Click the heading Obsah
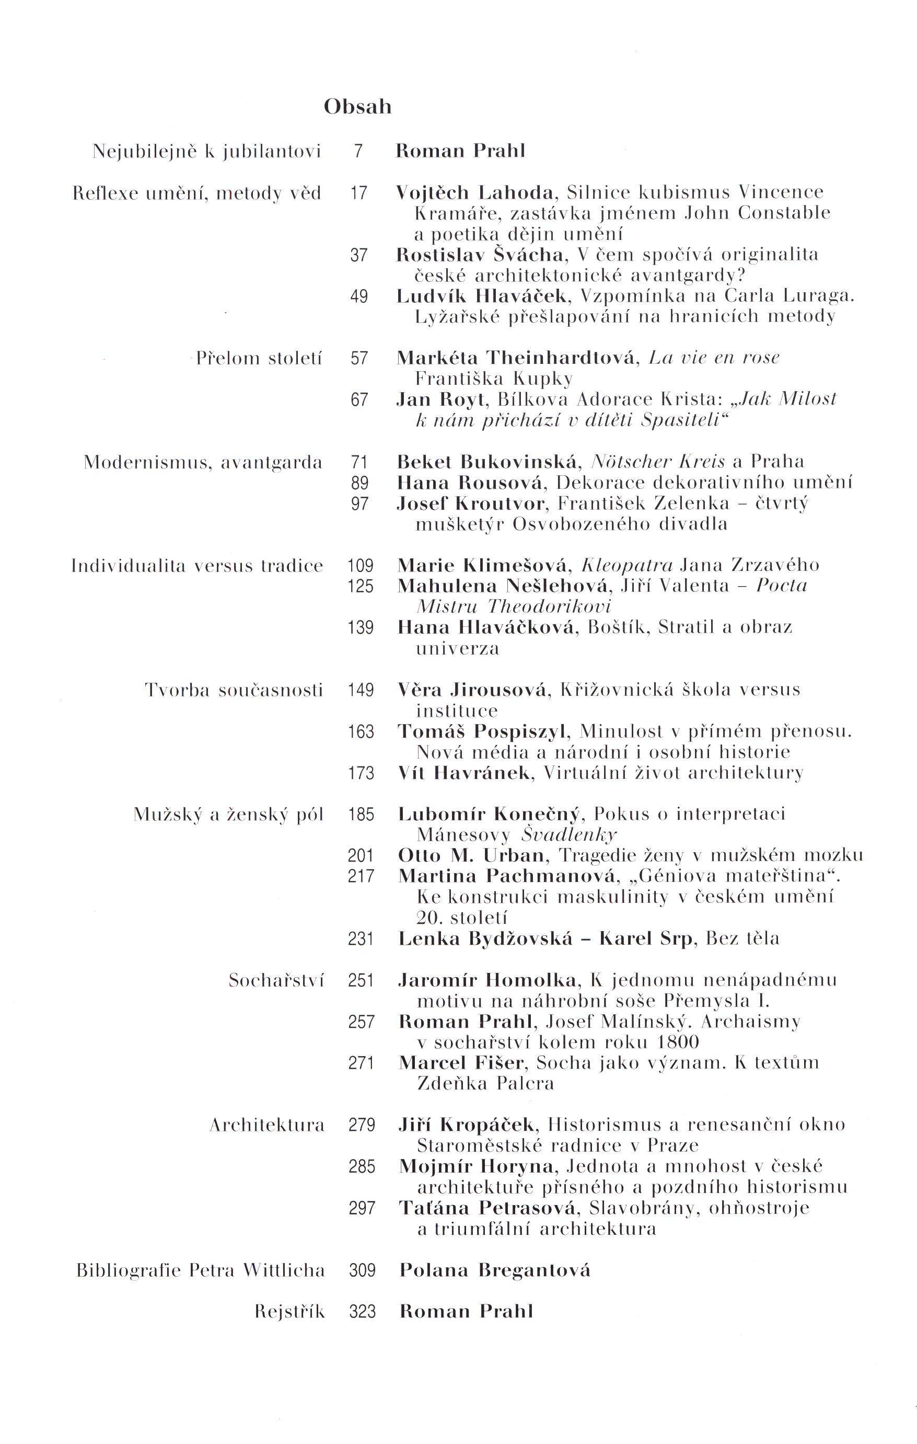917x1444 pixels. click(357, 107)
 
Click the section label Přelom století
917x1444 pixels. click(259, 359)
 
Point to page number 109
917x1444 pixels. click(360, 566)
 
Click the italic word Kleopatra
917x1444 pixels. click(628, 566)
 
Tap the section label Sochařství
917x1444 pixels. click(276, 980)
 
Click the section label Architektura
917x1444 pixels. click(266, 1125)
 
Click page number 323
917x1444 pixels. click(362, 1312)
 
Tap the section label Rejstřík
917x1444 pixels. click(289, 1312)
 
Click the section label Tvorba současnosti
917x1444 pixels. click(234, 690)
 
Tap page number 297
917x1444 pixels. click(362, 1208)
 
